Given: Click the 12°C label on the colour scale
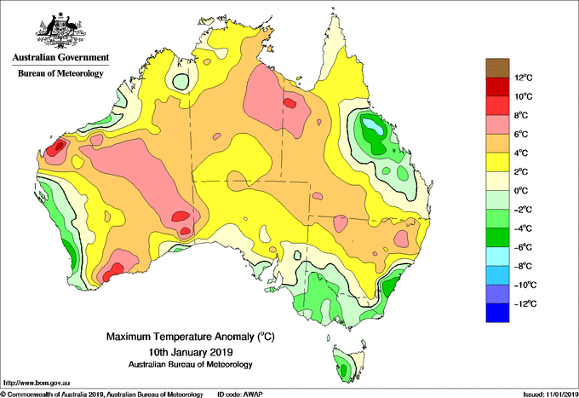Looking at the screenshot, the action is click(524, 78).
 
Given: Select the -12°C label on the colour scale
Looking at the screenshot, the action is click(522, 303).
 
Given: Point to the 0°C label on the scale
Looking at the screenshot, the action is click(522, 191).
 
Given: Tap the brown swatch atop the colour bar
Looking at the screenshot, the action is click(497, 68).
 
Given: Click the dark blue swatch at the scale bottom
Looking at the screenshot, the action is click(497, 313).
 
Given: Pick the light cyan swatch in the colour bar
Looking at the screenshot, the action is click(497, 257).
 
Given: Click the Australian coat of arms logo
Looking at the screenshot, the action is click(60, 31).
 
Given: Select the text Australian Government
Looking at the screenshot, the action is click(60, 57).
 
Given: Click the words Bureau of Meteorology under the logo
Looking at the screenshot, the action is click(60, 73).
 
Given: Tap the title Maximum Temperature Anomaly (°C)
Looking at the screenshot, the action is click(190, 337).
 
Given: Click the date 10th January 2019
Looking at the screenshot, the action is click(191, 351).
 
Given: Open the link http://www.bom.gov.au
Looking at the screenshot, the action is click(36, 383).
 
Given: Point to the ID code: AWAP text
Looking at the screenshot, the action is click(240, 395).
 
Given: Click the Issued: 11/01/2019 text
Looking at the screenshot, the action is click(551, 395).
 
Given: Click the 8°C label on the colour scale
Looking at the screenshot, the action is click(522, 115).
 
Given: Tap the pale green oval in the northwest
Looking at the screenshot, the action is click(181, 81).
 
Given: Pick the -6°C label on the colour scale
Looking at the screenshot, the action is click(522, 247).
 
